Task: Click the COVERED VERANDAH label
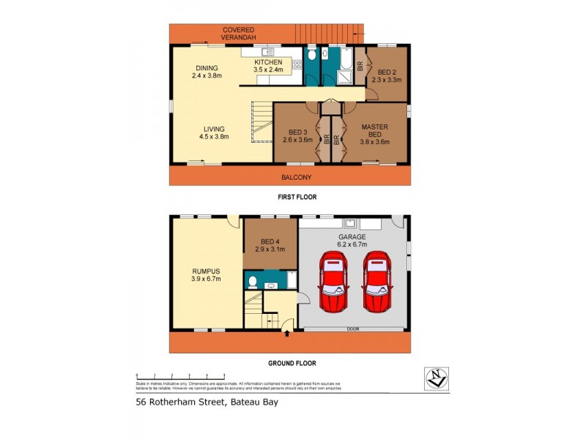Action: [x=239, y=34]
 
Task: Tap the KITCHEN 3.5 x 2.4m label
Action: [x=268, y=67]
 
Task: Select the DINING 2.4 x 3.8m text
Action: [x=207, y=72]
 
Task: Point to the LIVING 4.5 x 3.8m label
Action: [x=215, y=132]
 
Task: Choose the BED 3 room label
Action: [x=297, y=136]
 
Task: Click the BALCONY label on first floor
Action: [x=297, y=178]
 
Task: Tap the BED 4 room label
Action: [x=270, y=246]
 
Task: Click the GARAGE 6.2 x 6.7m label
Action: [x=352, y=241]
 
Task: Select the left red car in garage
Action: [x=334, y=282]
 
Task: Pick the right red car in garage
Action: [x=378, y=282]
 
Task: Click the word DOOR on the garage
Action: [x=352, y=329]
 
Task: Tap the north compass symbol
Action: [x=437, y=378]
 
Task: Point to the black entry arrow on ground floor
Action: [x=286, y=334]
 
